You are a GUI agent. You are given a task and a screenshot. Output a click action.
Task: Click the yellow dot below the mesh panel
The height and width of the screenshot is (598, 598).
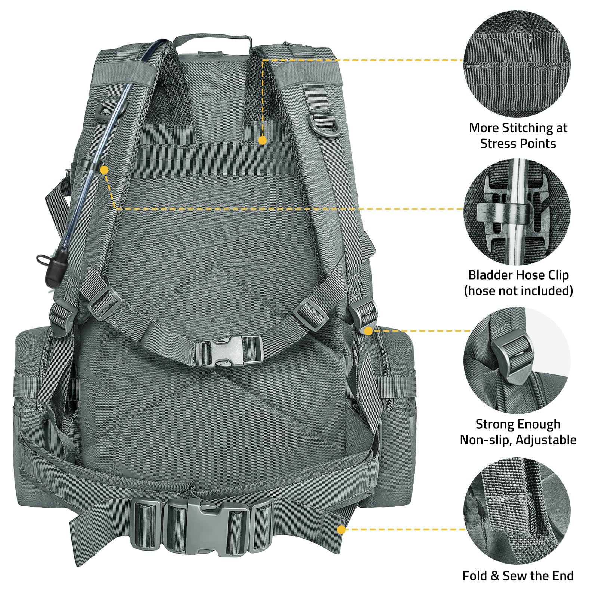click(263, 140)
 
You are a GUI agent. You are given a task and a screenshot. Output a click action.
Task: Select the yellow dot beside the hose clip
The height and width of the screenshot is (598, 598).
click(105, 170)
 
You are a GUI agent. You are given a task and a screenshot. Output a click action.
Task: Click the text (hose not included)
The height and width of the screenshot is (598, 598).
click(518, 291)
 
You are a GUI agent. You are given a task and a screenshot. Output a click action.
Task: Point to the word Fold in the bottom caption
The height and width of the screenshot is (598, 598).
click(475, 576)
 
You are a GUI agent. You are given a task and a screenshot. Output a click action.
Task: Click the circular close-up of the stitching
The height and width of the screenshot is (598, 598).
click(518, 64)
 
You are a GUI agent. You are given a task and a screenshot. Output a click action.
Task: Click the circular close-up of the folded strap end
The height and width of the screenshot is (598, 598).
click(518, 512)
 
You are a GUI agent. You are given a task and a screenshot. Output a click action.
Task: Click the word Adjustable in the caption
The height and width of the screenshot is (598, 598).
click(546, 440)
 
